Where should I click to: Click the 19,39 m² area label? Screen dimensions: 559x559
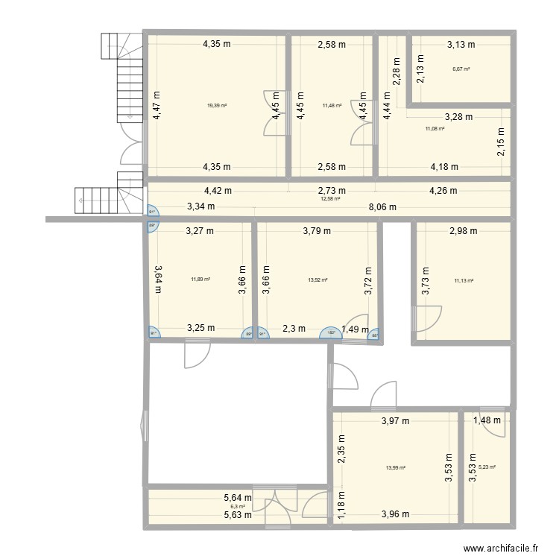coord(217,106)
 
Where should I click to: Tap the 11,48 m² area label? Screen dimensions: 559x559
coord(332,106)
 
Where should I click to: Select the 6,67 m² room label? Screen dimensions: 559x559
coord(461,69)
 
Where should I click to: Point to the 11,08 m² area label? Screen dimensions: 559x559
coord(435,129)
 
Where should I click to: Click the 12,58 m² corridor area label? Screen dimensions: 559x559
coord(330,199)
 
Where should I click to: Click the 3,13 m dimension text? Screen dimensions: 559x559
coord(461,45)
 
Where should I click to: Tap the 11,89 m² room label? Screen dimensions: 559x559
coord(200,279)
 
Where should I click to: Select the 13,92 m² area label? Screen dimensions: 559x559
coord(318,280)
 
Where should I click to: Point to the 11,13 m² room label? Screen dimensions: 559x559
coord(464,281)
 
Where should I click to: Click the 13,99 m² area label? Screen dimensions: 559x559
coord(396,468)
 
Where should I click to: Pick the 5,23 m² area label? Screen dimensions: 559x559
coord(487,467)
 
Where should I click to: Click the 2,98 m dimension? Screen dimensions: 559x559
coord(464,231)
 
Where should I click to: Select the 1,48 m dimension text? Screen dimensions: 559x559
coord(488,421)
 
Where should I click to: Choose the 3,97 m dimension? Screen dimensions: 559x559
coord(395,421)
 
